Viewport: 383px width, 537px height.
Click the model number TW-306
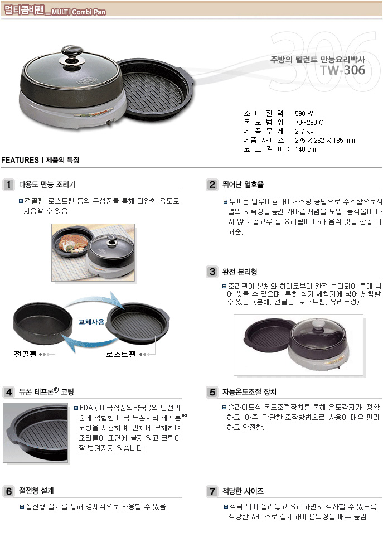coord(343,70)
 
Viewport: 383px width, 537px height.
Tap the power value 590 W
coord(304,113)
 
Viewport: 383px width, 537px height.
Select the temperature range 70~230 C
coord(309,122)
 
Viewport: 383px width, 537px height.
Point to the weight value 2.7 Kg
coord(304,131)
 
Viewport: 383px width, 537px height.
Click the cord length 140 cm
coord(306,149)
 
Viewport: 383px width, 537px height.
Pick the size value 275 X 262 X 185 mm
coord(325,140)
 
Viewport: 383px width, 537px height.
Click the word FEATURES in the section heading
coord(20,160)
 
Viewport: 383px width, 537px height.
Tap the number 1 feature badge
coord(8,185)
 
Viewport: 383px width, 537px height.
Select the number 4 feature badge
coord(8,392)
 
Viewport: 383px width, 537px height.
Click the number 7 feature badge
coord(212,491)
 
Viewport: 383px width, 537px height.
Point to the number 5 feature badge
coord(212,392)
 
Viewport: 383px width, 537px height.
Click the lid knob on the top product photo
coord(72,54)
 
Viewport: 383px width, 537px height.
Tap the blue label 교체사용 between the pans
coord(91,322)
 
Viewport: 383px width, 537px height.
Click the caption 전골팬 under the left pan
coord(25,354)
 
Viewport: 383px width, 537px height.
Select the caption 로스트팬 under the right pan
coord(120,354)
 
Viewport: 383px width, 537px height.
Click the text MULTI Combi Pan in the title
coord(79,12)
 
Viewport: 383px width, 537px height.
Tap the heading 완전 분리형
coord(240,272)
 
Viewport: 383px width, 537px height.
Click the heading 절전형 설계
coord(36,491)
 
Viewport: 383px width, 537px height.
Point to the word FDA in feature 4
coord(86,408)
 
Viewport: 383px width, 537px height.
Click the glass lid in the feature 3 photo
coord(318,334)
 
